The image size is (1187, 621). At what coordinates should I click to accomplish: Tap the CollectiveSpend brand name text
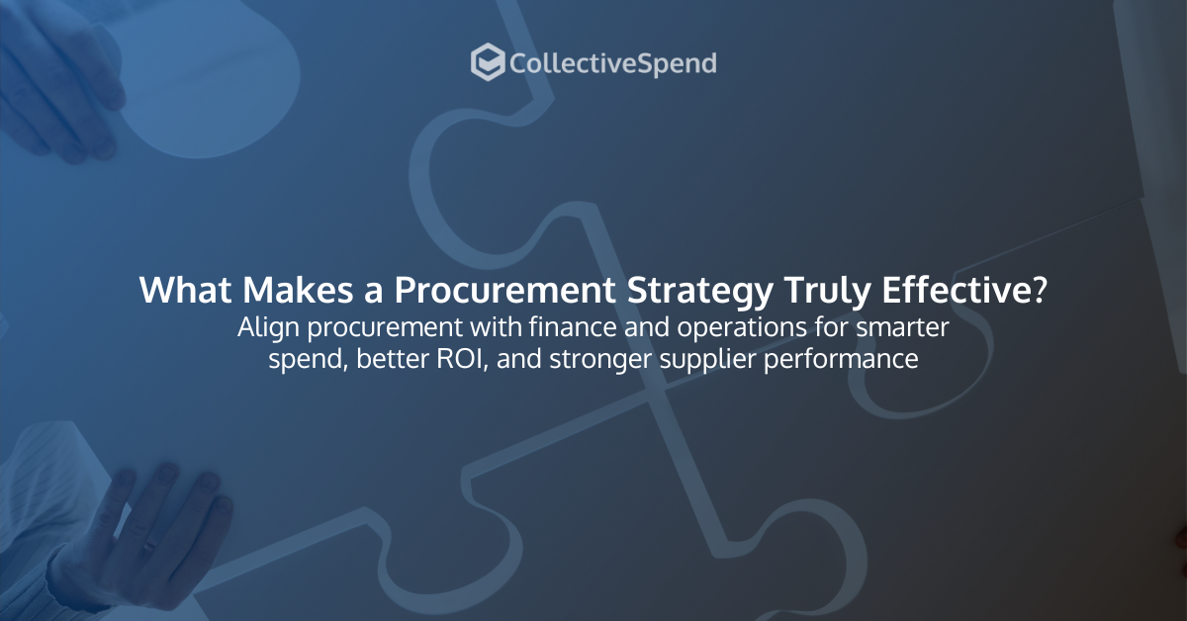click(612, 64)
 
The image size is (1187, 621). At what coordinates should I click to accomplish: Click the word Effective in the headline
click(955, 290)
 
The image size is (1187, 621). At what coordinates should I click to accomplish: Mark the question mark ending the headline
click(1039, 290)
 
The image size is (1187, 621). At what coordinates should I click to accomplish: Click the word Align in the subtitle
click(262, 327)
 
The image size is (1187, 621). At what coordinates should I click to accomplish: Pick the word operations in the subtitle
click(691, 329)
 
